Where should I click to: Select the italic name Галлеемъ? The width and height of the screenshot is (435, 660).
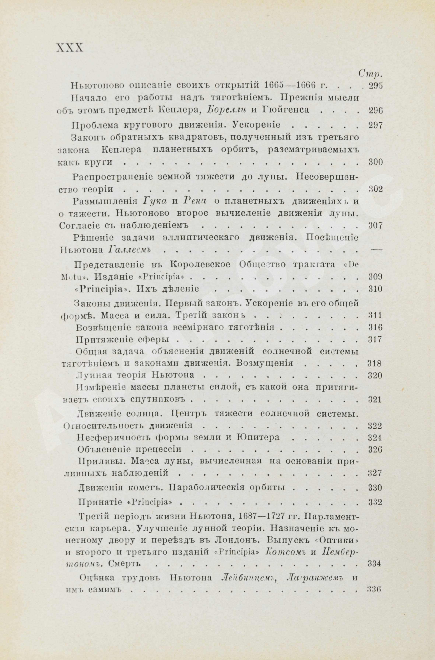(129, 250)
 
